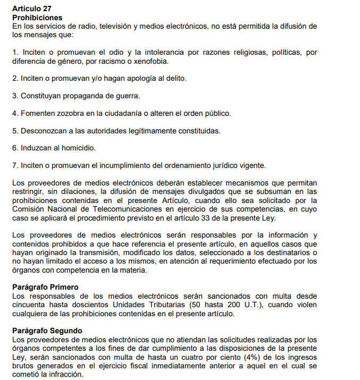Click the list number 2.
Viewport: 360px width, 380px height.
(x=14, y=78)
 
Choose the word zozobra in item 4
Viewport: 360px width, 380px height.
(x=70, y=113)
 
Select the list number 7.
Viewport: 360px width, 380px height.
(x=14, y=165)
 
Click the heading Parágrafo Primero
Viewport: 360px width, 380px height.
(x=46, y=287)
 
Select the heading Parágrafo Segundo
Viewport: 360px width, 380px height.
(x=47, y=331)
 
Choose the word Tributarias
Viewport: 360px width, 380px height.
(x=172, y=305)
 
